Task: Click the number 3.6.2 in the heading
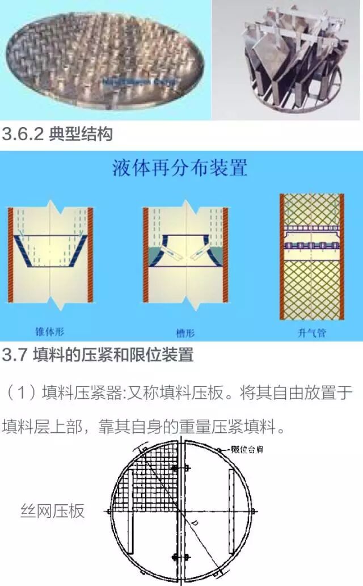click(x=23, y=134)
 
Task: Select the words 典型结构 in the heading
click(x=81, y=134)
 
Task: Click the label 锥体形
click(x=50, y=330)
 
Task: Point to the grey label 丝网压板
click(x=52, y=511)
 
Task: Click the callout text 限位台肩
click(x=247, y=450)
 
